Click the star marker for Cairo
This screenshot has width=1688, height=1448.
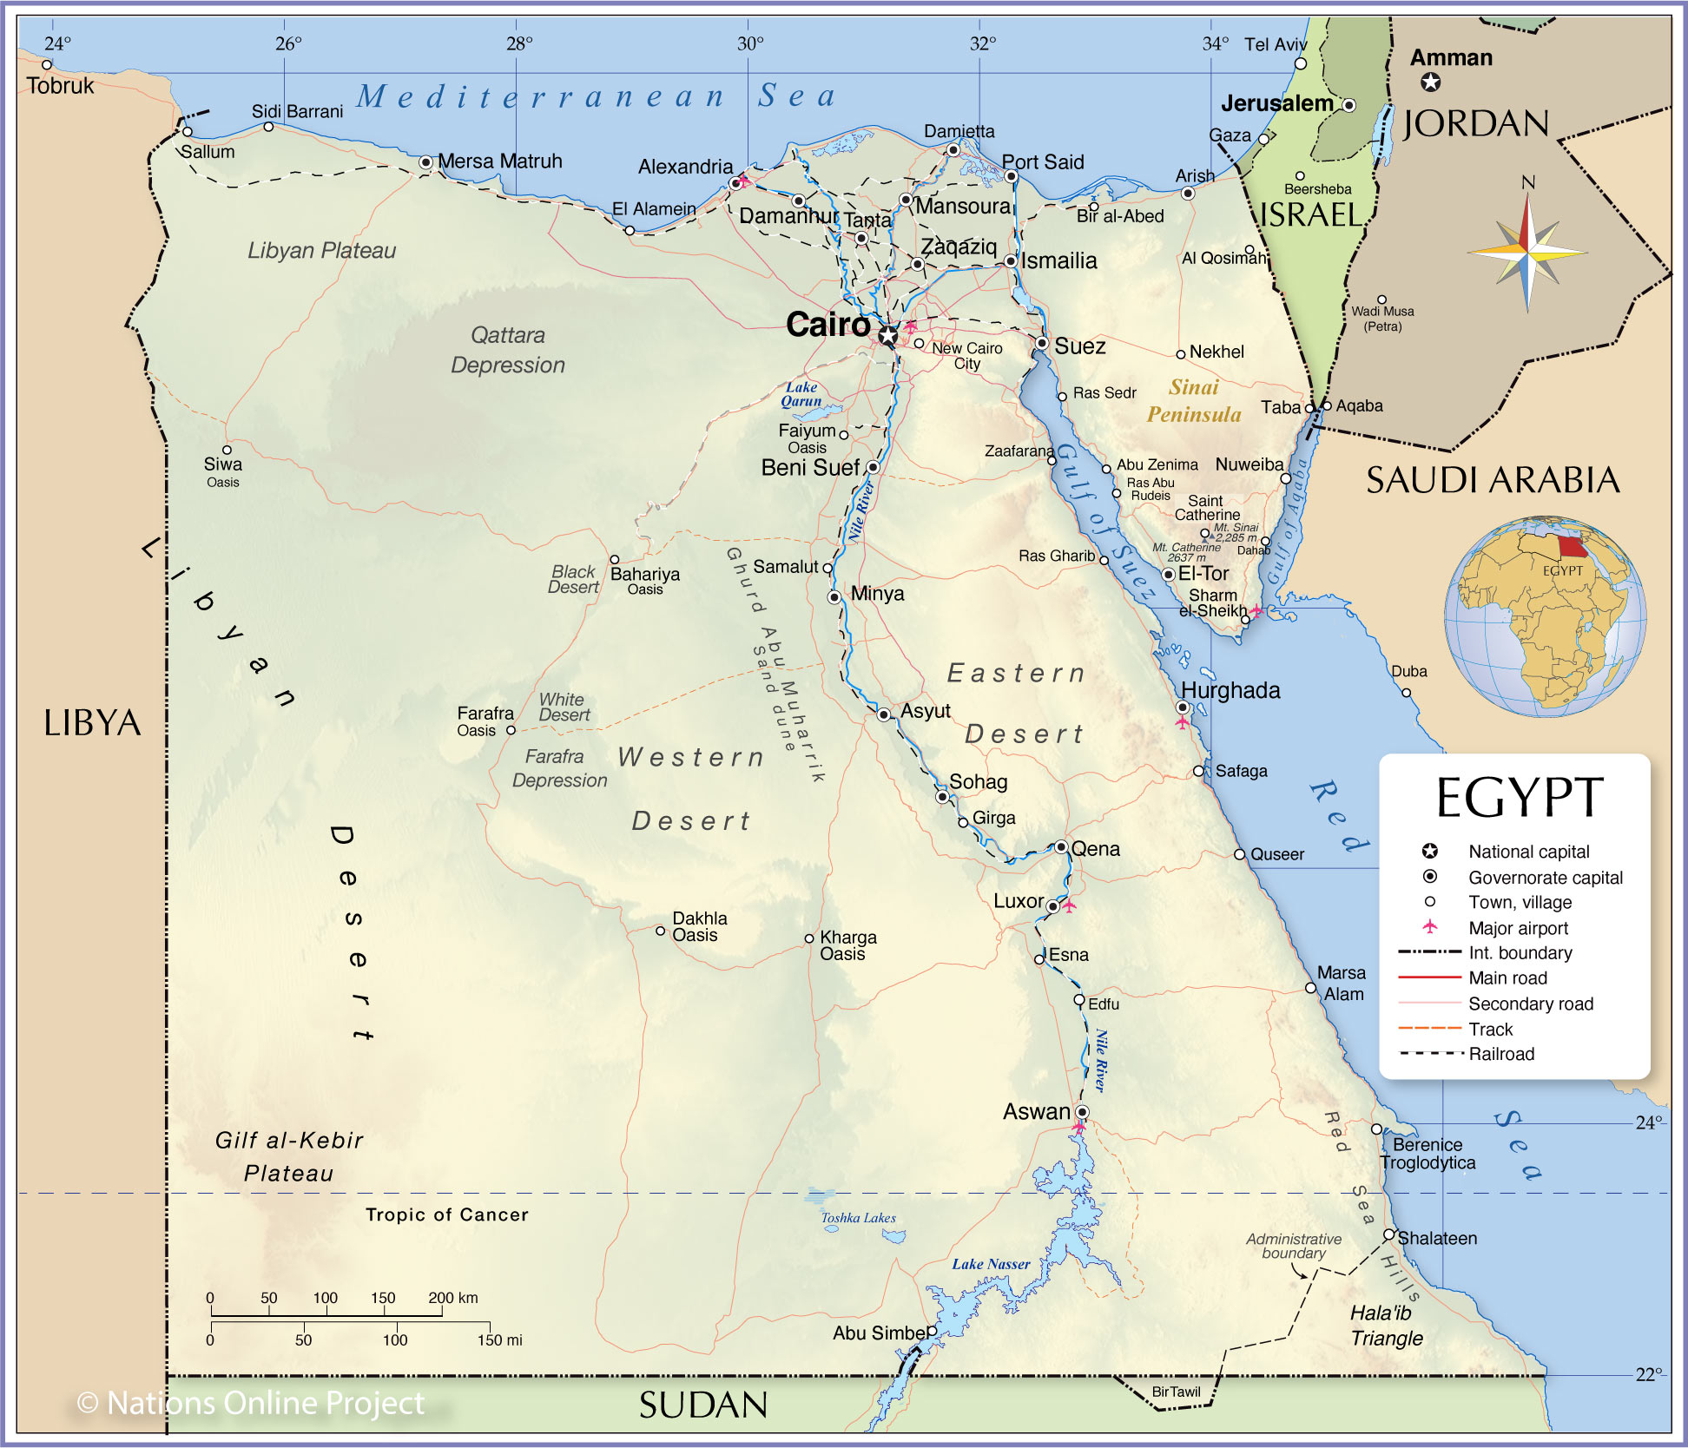pyautogui.click(x=887, y=335)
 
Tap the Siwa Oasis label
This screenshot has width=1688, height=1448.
pyautogui.click(x=222, y=471)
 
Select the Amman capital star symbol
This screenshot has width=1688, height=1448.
pyautogui.click(x=1430, y=82)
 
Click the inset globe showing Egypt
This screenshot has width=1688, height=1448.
pyautogui.click(x=1545, y=615)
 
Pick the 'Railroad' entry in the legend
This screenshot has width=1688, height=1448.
pyautogui.click(x=1501, y=1054)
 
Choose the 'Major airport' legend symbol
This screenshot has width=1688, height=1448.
pyautogui.click(x=1430, y=927)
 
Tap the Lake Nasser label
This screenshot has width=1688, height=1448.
pyautogui.click(x=991, y=1264)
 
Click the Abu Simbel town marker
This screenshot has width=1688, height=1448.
pyautogui.click(x=932, y=1331)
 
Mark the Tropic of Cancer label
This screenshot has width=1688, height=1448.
pyautogui.click(x=446, y=1214)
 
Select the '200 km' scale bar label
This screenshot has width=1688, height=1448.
pyautogui.click(x=452, y=1298)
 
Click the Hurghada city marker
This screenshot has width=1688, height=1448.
pyautogui.click(x=1182, y=708)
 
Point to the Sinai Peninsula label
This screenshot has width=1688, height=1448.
pyautogui.click(x=1194, y=401)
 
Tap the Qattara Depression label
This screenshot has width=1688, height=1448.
pyautogui.click(x=508, y=350)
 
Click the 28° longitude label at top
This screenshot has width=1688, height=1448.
pyautogui.click(x=519, y=43)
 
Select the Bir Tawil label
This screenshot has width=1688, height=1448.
pyautogui.click(x=1176, y=1392)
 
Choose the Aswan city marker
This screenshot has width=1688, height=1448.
pyautogui.click(x=1082, y=1112)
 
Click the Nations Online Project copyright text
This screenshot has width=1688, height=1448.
pyautogui.click(x=251, y=1403)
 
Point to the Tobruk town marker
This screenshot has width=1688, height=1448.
pyautogui.click(x=47, y=65)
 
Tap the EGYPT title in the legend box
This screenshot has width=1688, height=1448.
pyautogui.click(x=1519, y=798)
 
